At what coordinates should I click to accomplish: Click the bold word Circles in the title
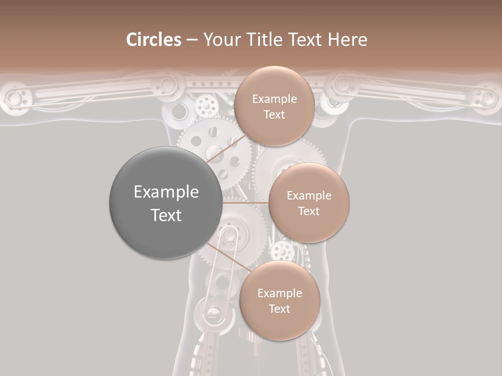pos(153,40)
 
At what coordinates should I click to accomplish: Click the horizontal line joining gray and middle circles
pos(246,203)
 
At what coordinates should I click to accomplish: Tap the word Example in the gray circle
pos(166,192)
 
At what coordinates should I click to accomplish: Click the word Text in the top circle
pos(274,115)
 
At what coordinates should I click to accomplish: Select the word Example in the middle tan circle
pos(309,195)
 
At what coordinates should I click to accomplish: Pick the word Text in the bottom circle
pos(279,309)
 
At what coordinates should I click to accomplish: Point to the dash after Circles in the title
pos(192,40)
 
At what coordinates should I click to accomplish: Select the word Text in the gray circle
pos(166,215)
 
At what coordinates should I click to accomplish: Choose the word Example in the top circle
pos(274,99)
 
